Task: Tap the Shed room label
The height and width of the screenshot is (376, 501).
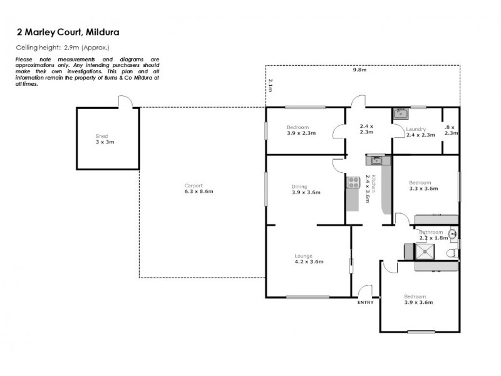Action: [x=101, y=136]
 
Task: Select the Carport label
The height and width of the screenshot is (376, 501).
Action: [x=193, y=185]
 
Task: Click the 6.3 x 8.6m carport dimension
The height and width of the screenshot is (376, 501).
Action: [x=199, y=191]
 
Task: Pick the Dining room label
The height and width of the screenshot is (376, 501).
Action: [x=299, y=186]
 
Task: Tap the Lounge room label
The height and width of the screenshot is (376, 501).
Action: [x=304, y=256]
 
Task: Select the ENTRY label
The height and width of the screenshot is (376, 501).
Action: [x=365, y=303]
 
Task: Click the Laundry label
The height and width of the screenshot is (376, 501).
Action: [x=416, y=129]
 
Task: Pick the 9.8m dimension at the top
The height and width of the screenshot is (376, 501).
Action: [x=359, y=70]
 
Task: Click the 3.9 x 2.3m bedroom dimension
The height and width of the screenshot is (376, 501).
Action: [x=301, y=133]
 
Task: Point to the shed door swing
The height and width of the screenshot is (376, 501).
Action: [x=125, y=101]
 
